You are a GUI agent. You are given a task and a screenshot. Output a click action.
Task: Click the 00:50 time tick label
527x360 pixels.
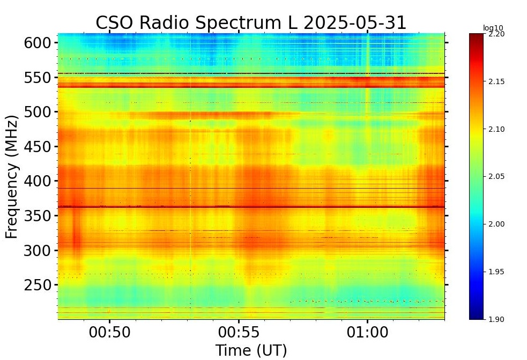[109, 332]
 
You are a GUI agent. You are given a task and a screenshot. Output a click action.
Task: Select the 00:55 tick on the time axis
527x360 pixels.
[239, 332]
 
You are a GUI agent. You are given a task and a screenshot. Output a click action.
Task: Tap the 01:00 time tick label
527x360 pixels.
[367, 332]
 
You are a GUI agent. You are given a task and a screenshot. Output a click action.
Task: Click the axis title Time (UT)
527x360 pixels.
[251, 350]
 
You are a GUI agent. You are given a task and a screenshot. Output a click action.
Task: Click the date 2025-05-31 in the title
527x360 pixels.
[354, 23]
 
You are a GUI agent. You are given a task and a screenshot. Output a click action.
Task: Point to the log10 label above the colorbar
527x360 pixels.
[493, 28]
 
